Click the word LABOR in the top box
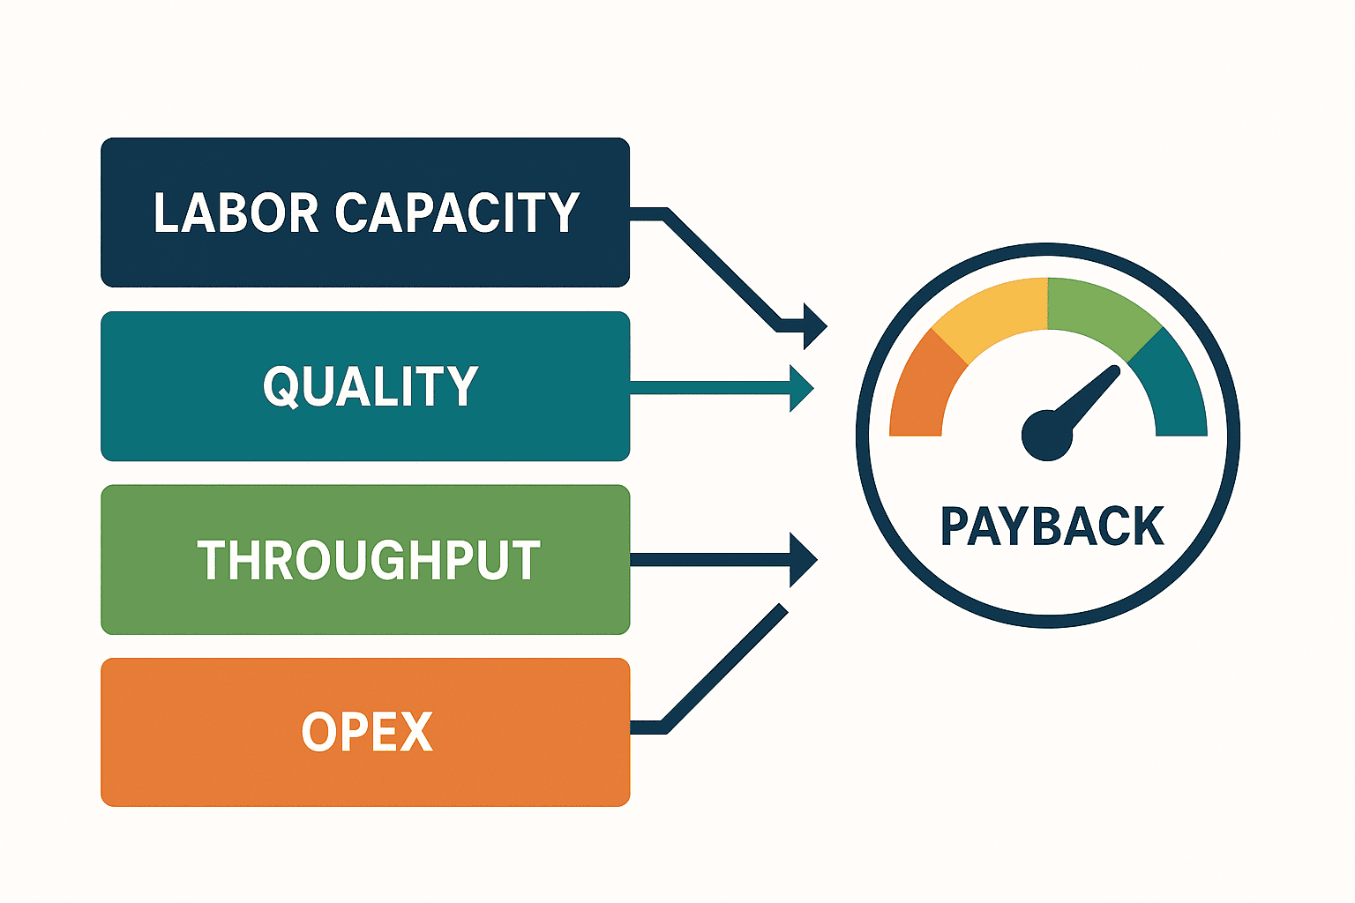coord(236,213)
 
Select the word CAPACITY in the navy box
coord(457,213)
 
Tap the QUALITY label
coord(371,386)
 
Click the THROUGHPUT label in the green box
coord(369,560)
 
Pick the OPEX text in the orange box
coord(367,732)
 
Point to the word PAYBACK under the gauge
coord(1052,526)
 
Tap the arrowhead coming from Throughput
coord(804,560)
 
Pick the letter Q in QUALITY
coord(280,387)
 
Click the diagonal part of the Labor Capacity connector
coord(721,270)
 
